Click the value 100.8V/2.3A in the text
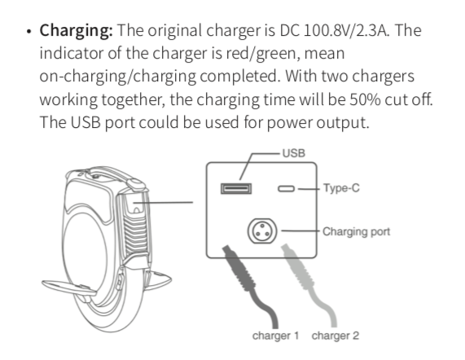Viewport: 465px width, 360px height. (346, 30)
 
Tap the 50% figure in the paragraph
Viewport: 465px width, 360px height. (365, 99)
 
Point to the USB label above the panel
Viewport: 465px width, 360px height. (294, 153)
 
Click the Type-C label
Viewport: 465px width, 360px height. (341, 188)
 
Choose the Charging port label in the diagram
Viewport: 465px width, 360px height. (356, 231)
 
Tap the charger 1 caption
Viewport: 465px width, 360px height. (275, 336)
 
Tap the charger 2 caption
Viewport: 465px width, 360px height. (336, 336)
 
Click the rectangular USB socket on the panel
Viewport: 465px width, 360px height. (236, 189)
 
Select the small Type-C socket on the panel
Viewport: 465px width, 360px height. (286, 189)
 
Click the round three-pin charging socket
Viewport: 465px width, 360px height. (262, 231)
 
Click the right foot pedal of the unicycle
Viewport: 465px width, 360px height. (158, 279)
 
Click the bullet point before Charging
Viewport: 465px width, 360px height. (29, 32)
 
